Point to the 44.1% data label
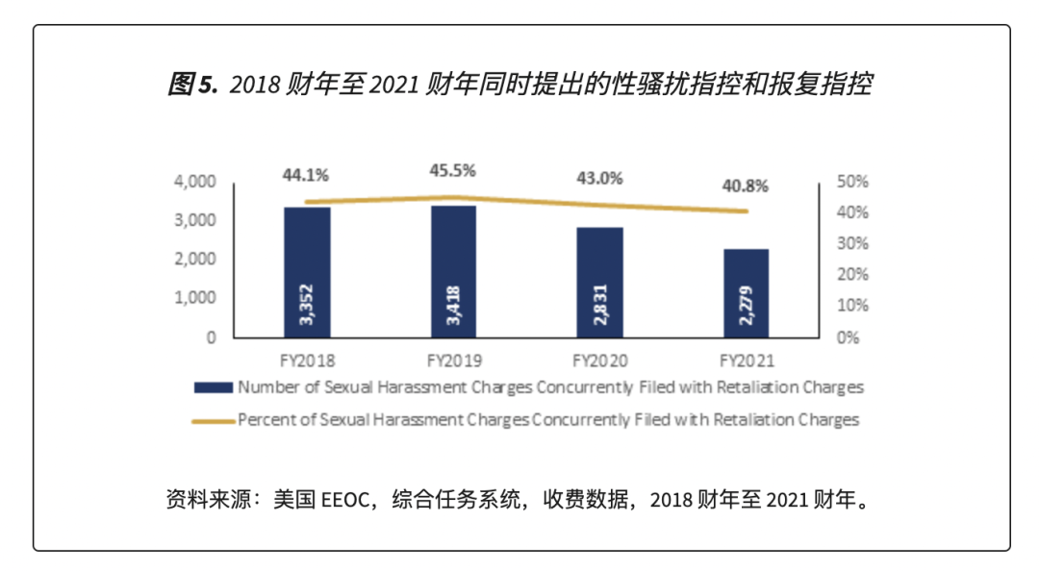(306, 175)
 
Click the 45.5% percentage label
(452, 170)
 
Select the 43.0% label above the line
(599, 178)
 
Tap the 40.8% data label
(746, 186)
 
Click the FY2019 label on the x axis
(453, 362)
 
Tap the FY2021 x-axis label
(746, 362)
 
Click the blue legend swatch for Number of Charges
(213, 388)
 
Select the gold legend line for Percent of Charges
(213, 420)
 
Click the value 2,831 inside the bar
(599, 306)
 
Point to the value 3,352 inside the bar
(307, 306)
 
